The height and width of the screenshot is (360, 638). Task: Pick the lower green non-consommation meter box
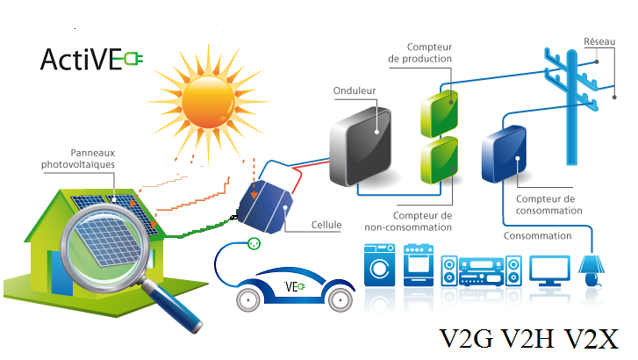[x=438, y=162]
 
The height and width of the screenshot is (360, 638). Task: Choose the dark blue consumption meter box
[x=504, y=157]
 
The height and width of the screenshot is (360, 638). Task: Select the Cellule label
[x=326, y=226]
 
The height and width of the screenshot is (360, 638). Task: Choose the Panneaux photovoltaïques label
[x=79, y=159]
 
